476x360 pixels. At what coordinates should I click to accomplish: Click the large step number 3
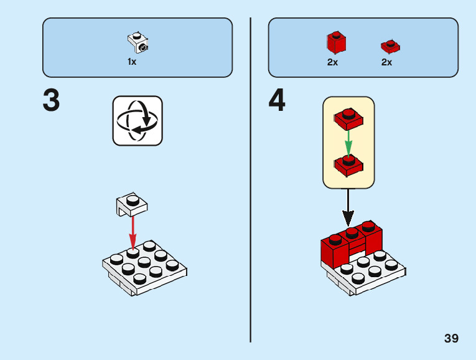52,101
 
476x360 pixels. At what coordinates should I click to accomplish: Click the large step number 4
278,101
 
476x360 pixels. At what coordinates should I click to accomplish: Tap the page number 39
451,338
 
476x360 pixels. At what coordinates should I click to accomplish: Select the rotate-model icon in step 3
138,121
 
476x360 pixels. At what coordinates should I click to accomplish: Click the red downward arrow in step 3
133,232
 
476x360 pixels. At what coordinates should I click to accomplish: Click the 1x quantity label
132,62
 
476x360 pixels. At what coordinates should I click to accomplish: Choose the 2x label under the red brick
333,62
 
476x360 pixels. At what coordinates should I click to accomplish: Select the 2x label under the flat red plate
387,62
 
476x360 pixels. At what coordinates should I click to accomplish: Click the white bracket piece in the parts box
138,41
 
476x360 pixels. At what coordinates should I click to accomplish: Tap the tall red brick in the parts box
336,42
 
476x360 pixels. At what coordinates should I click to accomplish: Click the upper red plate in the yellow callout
348,118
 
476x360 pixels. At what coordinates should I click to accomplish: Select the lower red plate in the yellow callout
348,165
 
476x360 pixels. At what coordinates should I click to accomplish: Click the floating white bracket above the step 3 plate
131,203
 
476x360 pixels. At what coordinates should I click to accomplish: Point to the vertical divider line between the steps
251,181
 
